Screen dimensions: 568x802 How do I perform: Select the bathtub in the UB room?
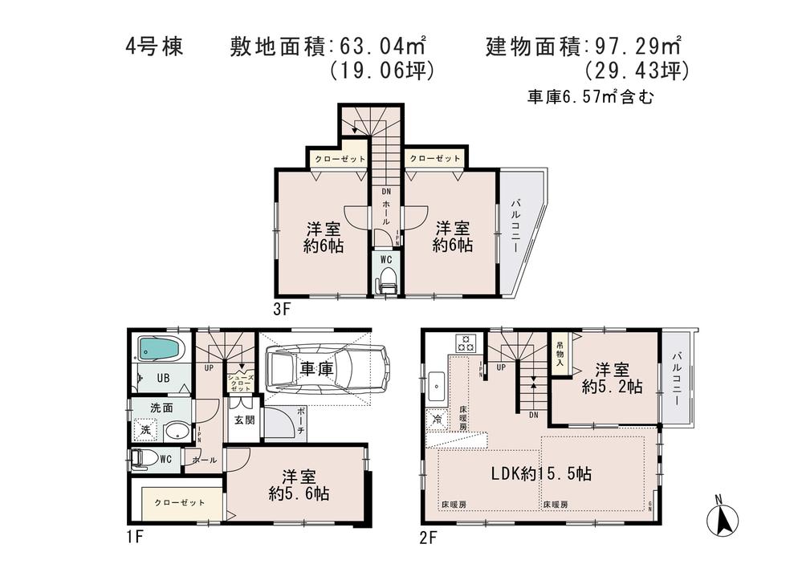coord(160,349)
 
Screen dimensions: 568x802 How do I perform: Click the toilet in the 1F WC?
coord(145,459)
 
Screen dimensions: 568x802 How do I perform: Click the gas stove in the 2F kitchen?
coord(466,343)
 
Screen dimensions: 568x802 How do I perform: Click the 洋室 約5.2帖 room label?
coord(611,378)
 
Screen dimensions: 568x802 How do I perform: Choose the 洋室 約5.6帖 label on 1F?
coord(299,484)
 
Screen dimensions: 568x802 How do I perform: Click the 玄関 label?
coord(243,420)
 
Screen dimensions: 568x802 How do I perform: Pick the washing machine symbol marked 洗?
coord(145,431)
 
